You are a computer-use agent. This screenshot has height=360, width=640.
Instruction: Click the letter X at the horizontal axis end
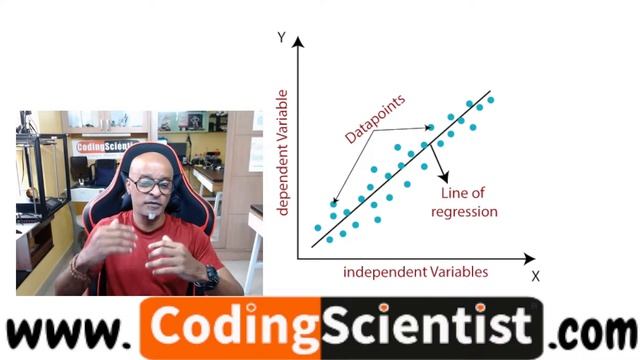(x=535, y=276)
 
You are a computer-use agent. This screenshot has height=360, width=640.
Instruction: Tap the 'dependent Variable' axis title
(x=283, y=151)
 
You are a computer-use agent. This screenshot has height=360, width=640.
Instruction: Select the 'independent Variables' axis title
(x=415, y=272)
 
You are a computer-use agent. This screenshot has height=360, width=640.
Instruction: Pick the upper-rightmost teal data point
(x=490, y=100)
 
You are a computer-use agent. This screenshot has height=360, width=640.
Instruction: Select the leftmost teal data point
(x=317, y=228)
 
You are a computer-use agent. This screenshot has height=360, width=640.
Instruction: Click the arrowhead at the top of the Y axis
(x=297, y=42)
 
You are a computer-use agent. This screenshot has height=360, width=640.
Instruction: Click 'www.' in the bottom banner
(x=70, y=331)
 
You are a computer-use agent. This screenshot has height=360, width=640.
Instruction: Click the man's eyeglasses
(x=151, y=185)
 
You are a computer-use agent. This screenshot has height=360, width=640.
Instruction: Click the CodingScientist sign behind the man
(x=105, y=147)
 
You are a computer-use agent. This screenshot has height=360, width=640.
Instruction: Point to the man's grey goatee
(x=153, y=213)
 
